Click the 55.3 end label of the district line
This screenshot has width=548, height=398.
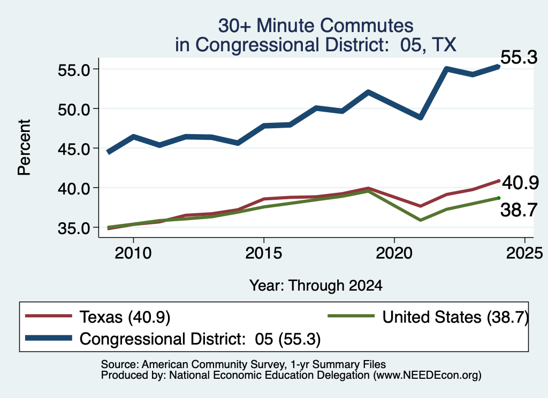(519, 57)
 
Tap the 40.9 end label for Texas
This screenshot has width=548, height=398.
(520, 182)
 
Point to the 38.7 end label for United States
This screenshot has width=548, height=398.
(519, 210)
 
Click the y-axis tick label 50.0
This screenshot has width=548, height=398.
(74, 109)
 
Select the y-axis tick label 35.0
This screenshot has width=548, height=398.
(74, 228)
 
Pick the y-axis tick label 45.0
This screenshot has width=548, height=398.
(74, 149)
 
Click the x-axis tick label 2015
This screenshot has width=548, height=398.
(263, 253)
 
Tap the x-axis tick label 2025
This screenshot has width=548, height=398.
(524, 253)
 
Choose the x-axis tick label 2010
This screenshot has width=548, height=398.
(133, 253)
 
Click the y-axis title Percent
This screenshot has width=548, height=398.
(24, 147)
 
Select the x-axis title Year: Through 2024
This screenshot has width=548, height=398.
(316, 285)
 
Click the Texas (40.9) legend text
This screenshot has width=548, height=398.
(125, 317)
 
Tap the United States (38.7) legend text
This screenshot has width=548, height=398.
(455, 317)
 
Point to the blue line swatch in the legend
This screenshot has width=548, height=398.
(49, 338)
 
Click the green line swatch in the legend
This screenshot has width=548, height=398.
(351, 316)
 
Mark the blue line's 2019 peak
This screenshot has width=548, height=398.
(368, 92)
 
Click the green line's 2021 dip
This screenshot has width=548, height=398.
(420, 220)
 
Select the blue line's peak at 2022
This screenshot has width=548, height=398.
(446, 69)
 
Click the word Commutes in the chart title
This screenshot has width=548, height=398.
(367, 26)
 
